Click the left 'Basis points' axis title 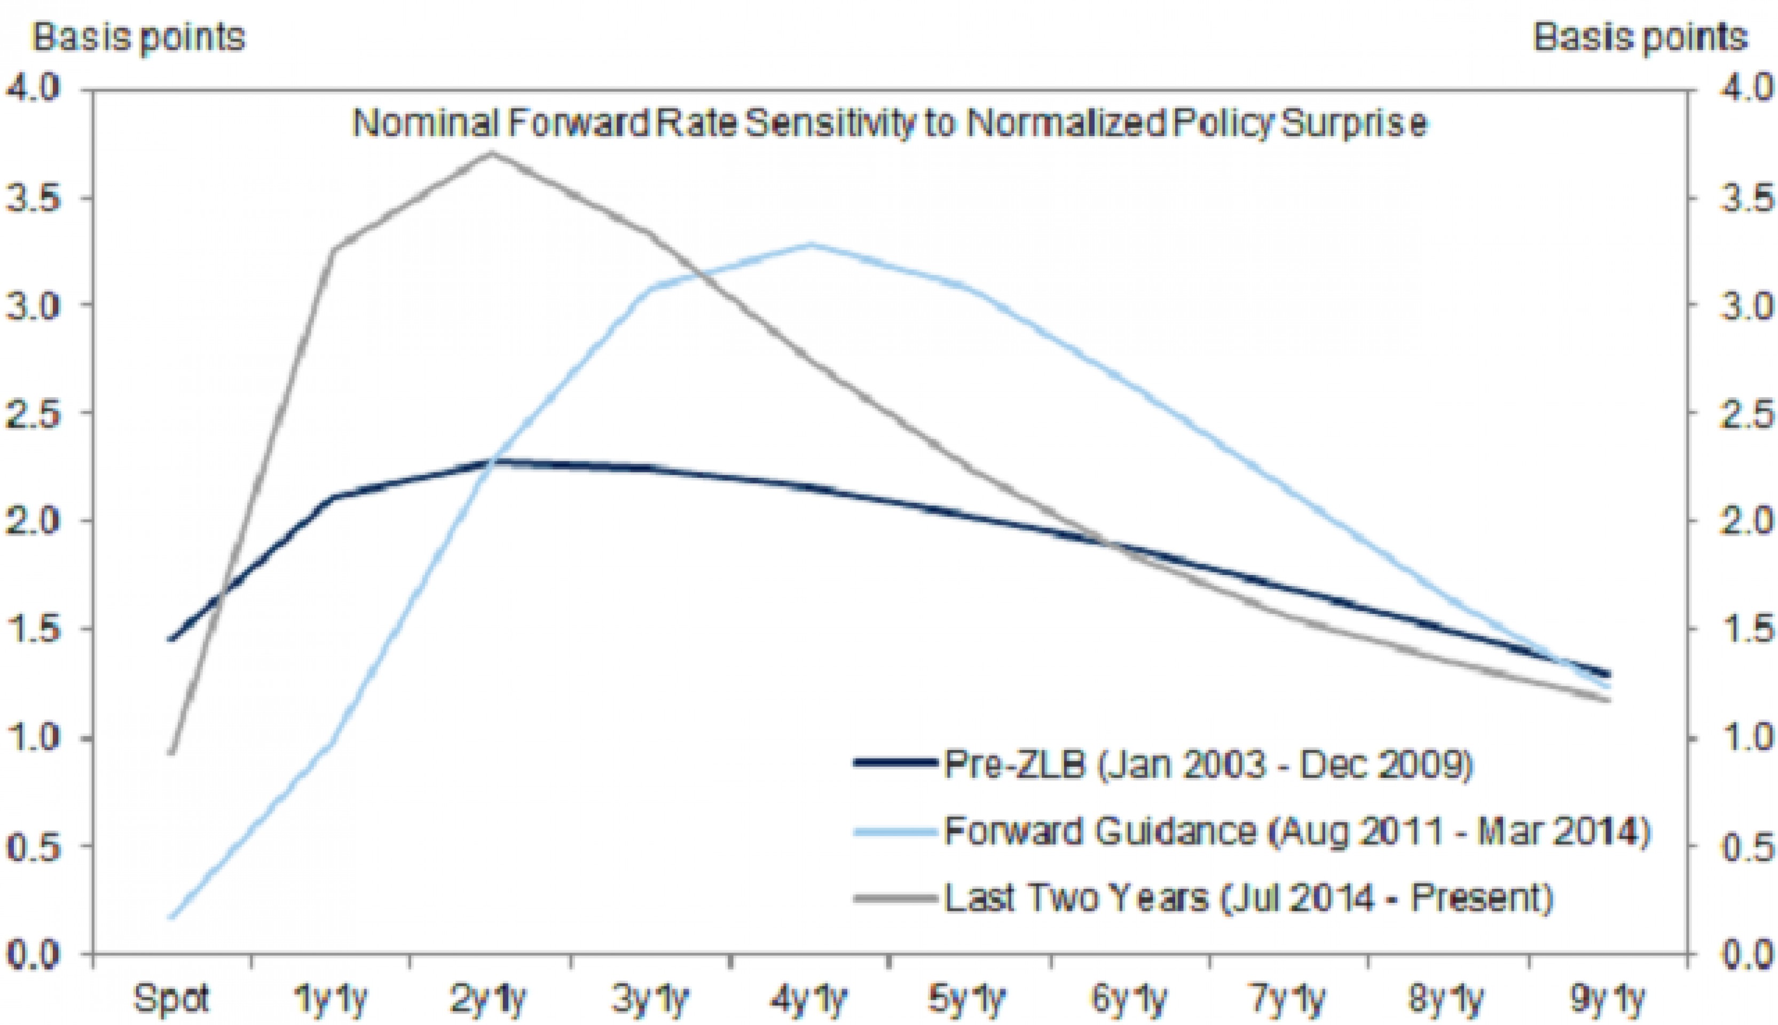tap(139, 37)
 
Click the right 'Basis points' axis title tap(1640, 37)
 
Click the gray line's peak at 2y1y tap(491, 153)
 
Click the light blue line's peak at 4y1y tap(811, 245)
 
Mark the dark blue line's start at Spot tap(171, 638)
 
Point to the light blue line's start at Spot tap(171, 917)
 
